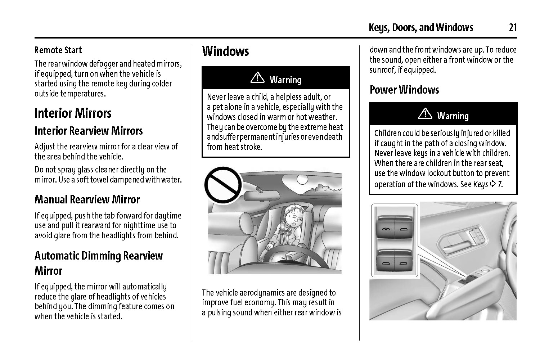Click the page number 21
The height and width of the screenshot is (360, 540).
pyautogui.click(x=513, y=27)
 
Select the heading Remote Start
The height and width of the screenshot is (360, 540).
pyautogui.click(x=58, y=50)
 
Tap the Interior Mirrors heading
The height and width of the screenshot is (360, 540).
pyautogui.click(x=73, y=113)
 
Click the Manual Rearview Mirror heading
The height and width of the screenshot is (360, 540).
pyautogui.click(x=87, y=199)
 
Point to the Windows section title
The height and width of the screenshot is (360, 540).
pyautogui.click(x=225, y=51)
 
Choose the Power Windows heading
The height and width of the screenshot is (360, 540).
pyautogui.click(x=404, y=90)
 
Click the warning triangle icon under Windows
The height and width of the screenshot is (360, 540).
pyautogui.click(x=257, y=78)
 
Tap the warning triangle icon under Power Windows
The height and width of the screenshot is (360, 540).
pyautogui.click(x=425, y=114)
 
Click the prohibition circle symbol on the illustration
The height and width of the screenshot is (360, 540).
pyautogui.click(x=223, y=185)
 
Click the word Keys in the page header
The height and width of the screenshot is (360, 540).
pyautogui.click(x=378, y=28)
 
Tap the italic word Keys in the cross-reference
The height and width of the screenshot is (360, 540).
pyautogui.click(x=481, y=184)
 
